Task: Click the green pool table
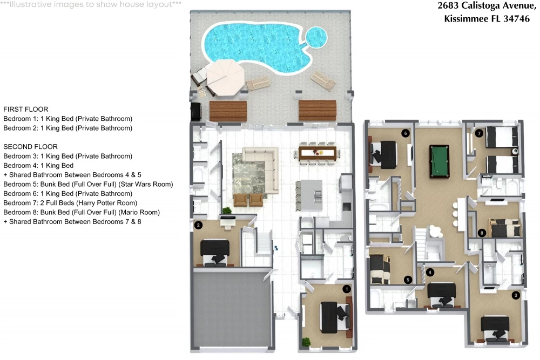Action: (x=440, y=161)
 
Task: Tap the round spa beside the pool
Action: (x=316, y=37)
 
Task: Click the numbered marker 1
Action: (x=347, y=289)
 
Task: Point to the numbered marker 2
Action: (x=198, y=226)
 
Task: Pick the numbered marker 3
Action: (x=516, y=295)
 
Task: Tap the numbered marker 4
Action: (x=430, y=272)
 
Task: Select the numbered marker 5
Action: (x=408, y=280)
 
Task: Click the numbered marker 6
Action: (x=406, y=133)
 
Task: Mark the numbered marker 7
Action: (x=478, y=133)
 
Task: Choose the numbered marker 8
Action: (x=482, y=233)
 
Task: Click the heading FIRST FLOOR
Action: (x=26, y=110)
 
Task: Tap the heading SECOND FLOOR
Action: (x=30, y=147)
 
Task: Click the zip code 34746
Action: (x=517, y=18)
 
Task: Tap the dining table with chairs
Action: (x=318, y=153)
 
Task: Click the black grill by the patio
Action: (x=195, y=112)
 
